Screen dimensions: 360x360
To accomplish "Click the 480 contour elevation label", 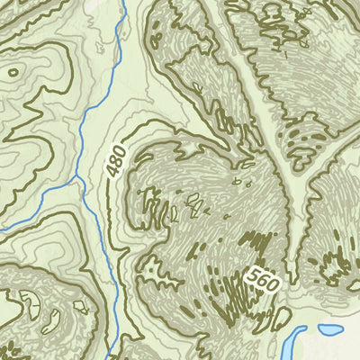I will (115, 159).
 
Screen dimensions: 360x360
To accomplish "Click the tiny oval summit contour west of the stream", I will (14, 71).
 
